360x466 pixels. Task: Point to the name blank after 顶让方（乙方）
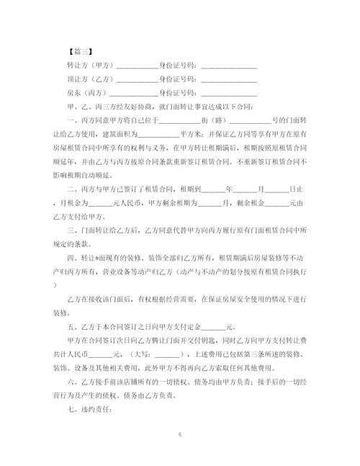click(x=138, y=79)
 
